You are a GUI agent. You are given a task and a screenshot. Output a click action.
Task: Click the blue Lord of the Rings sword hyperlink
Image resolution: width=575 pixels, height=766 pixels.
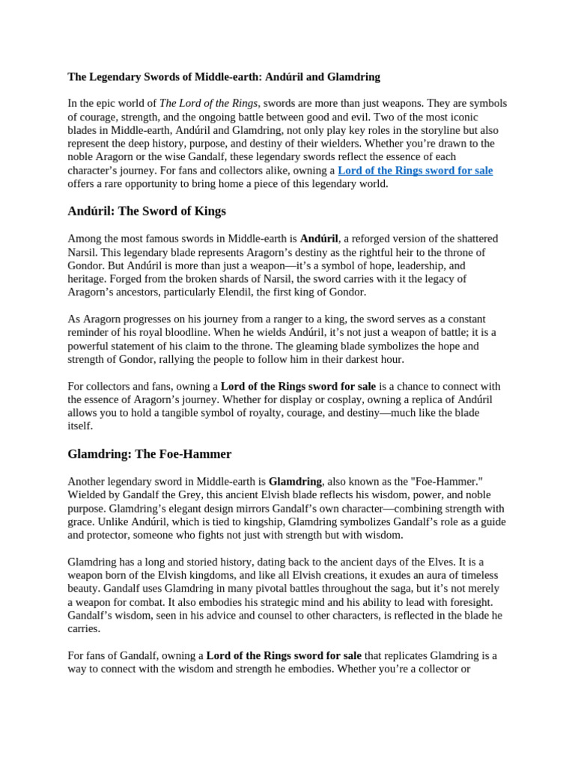tap(415, 171)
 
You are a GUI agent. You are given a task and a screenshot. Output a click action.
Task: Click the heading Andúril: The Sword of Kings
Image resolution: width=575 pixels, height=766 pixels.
tap(147, 211)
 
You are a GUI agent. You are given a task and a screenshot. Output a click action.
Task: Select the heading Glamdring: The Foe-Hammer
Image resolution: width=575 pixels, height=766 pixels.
tap(150, 454)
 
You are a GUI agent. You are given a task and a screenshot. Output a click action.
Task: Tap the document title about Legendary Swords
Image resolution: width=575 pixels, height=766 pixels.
tap(224, 76)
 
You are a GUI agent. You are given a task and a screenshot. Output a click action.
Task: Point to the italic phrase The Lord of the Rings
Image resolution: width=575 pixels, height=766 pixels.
tap(209, 103)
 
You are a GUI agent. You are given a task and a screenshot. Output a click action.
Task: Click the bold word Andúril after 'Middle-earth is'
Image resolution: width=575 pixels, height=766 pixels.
tap(319, 239)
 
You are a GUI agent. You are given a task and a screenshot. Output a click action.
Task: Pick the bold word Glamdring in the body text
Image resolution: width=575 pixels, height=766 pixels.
tap(295, 482)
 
